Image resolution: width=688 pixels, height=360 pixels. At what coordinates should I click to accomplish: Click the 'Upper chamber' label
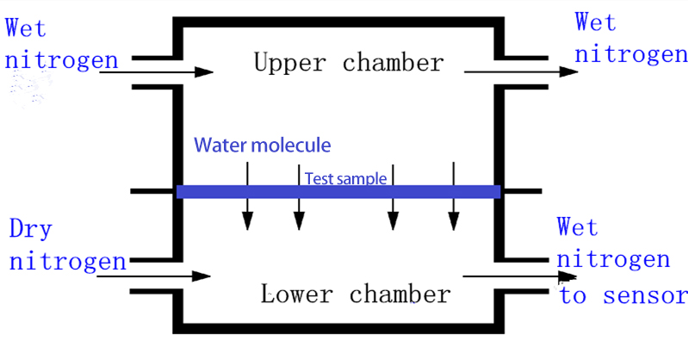click(348, 63)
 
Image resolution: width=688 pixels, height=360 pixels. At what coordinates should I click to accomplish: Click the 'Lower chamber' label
click(355, 295)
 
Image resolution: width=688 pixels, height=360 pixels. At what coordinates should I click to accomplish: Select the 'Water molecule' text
click(262, 145)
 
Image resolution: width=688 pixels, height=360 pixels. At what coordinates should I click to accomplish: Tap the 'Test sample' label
click(344, 178)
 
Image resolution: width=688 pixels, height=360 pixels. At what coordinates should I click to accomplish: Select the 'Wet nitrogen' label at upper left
click(61, 44)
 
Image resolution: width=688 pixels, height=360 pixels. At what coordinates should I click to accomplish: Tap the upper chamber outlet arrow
click(521, 71)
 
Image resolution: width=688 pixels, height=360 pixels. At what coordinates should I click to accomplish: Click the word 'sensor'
click(647, 296)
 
